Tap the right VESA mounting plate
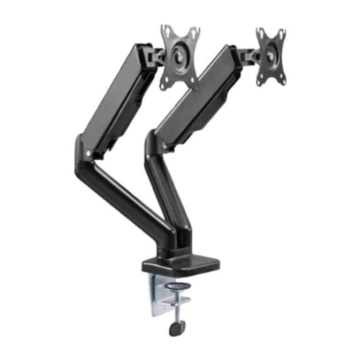click(270, 56)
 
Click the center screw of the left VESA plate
click(180, 57)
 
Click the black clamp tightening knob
click(177, 328)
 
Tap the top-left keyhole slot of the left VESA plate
click(165, 31)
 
